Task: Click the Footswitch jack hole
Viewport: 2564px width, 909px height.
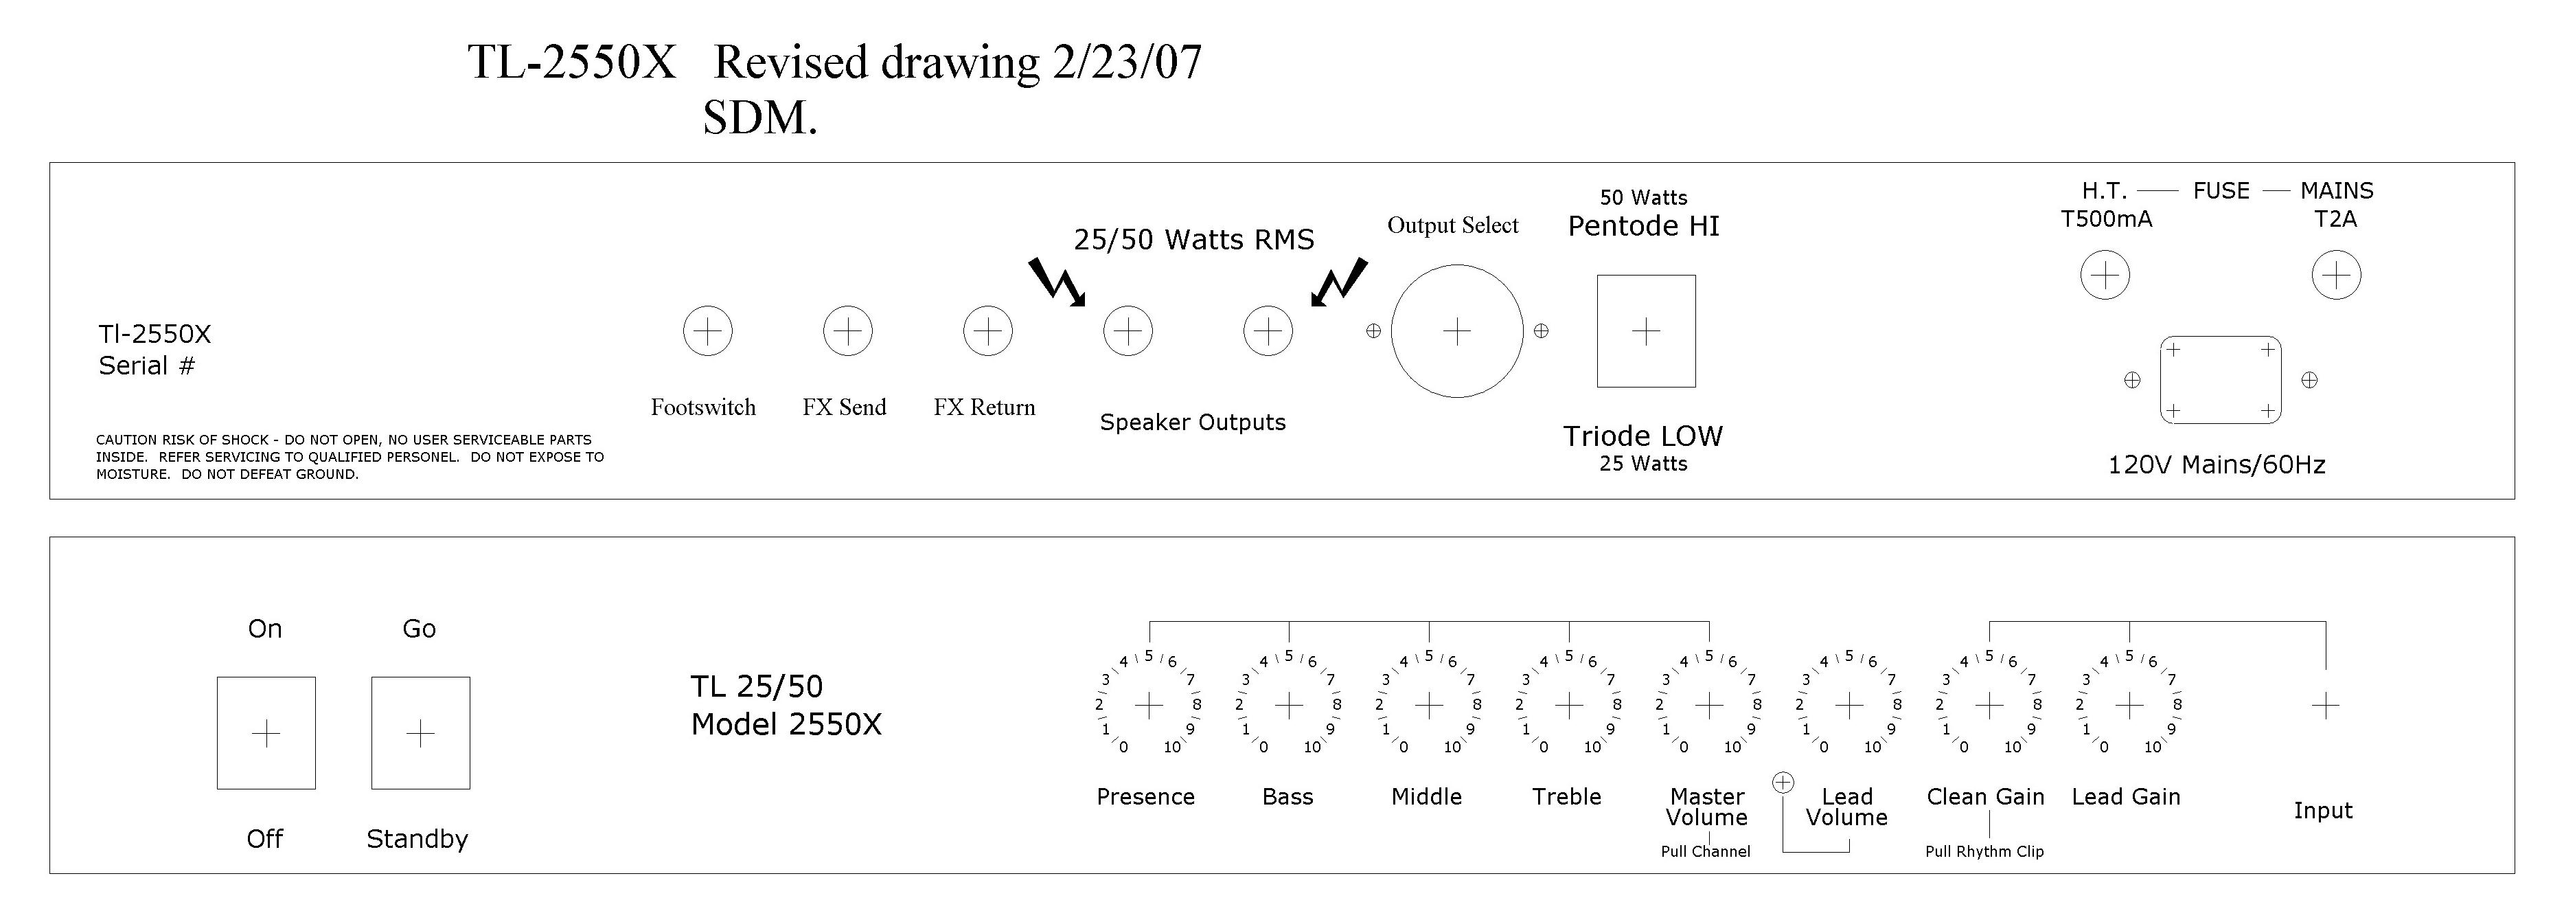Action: pos(708,330)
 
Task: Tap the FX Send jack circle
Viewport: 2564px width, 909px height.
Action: pos(848,330)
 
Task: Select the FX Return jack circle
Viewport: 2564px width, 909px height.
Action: pos(988,330)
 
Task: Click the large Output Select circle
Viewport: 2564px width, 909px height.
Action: pos(1457,330)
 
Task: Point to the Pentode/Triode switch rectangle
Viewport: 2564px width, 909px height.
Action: pos(1647,330)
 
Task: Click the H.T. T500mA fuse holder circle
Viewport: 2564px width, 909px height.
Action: pos(2105,275)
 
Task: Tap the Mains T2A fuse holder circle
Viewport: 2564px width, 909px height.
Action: pos(2336,275)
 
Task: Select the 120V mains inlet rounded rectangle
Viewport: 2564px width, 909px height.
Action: pos(2221,379)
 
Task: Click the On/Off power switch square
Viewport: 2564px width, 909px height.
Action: pos(266,734)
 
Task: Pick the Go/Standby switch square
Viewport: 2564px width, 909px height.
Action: pos(421,734)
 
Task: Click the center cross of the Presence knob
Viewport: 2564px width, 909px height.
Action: pos(1149,706)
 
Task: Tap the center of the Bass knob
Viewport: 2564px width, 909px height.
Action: pos(1289,706)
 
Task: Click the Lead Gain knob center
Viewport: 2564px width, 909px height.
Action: pos(2129,706)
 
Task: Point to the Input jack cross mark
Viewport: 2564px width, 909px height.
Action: pos(2325,706)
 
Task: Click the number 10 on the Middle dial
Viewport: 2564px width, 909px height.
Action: pos(1452,747)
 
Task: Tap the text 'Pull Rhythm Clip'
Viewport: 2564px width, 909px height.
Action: pos(1984,851)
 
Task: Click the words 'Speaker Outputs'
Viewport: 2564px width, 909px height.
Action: pos(1193,422)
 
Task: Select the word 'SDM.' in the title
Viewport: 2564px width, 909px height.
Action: pos(760,117)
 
